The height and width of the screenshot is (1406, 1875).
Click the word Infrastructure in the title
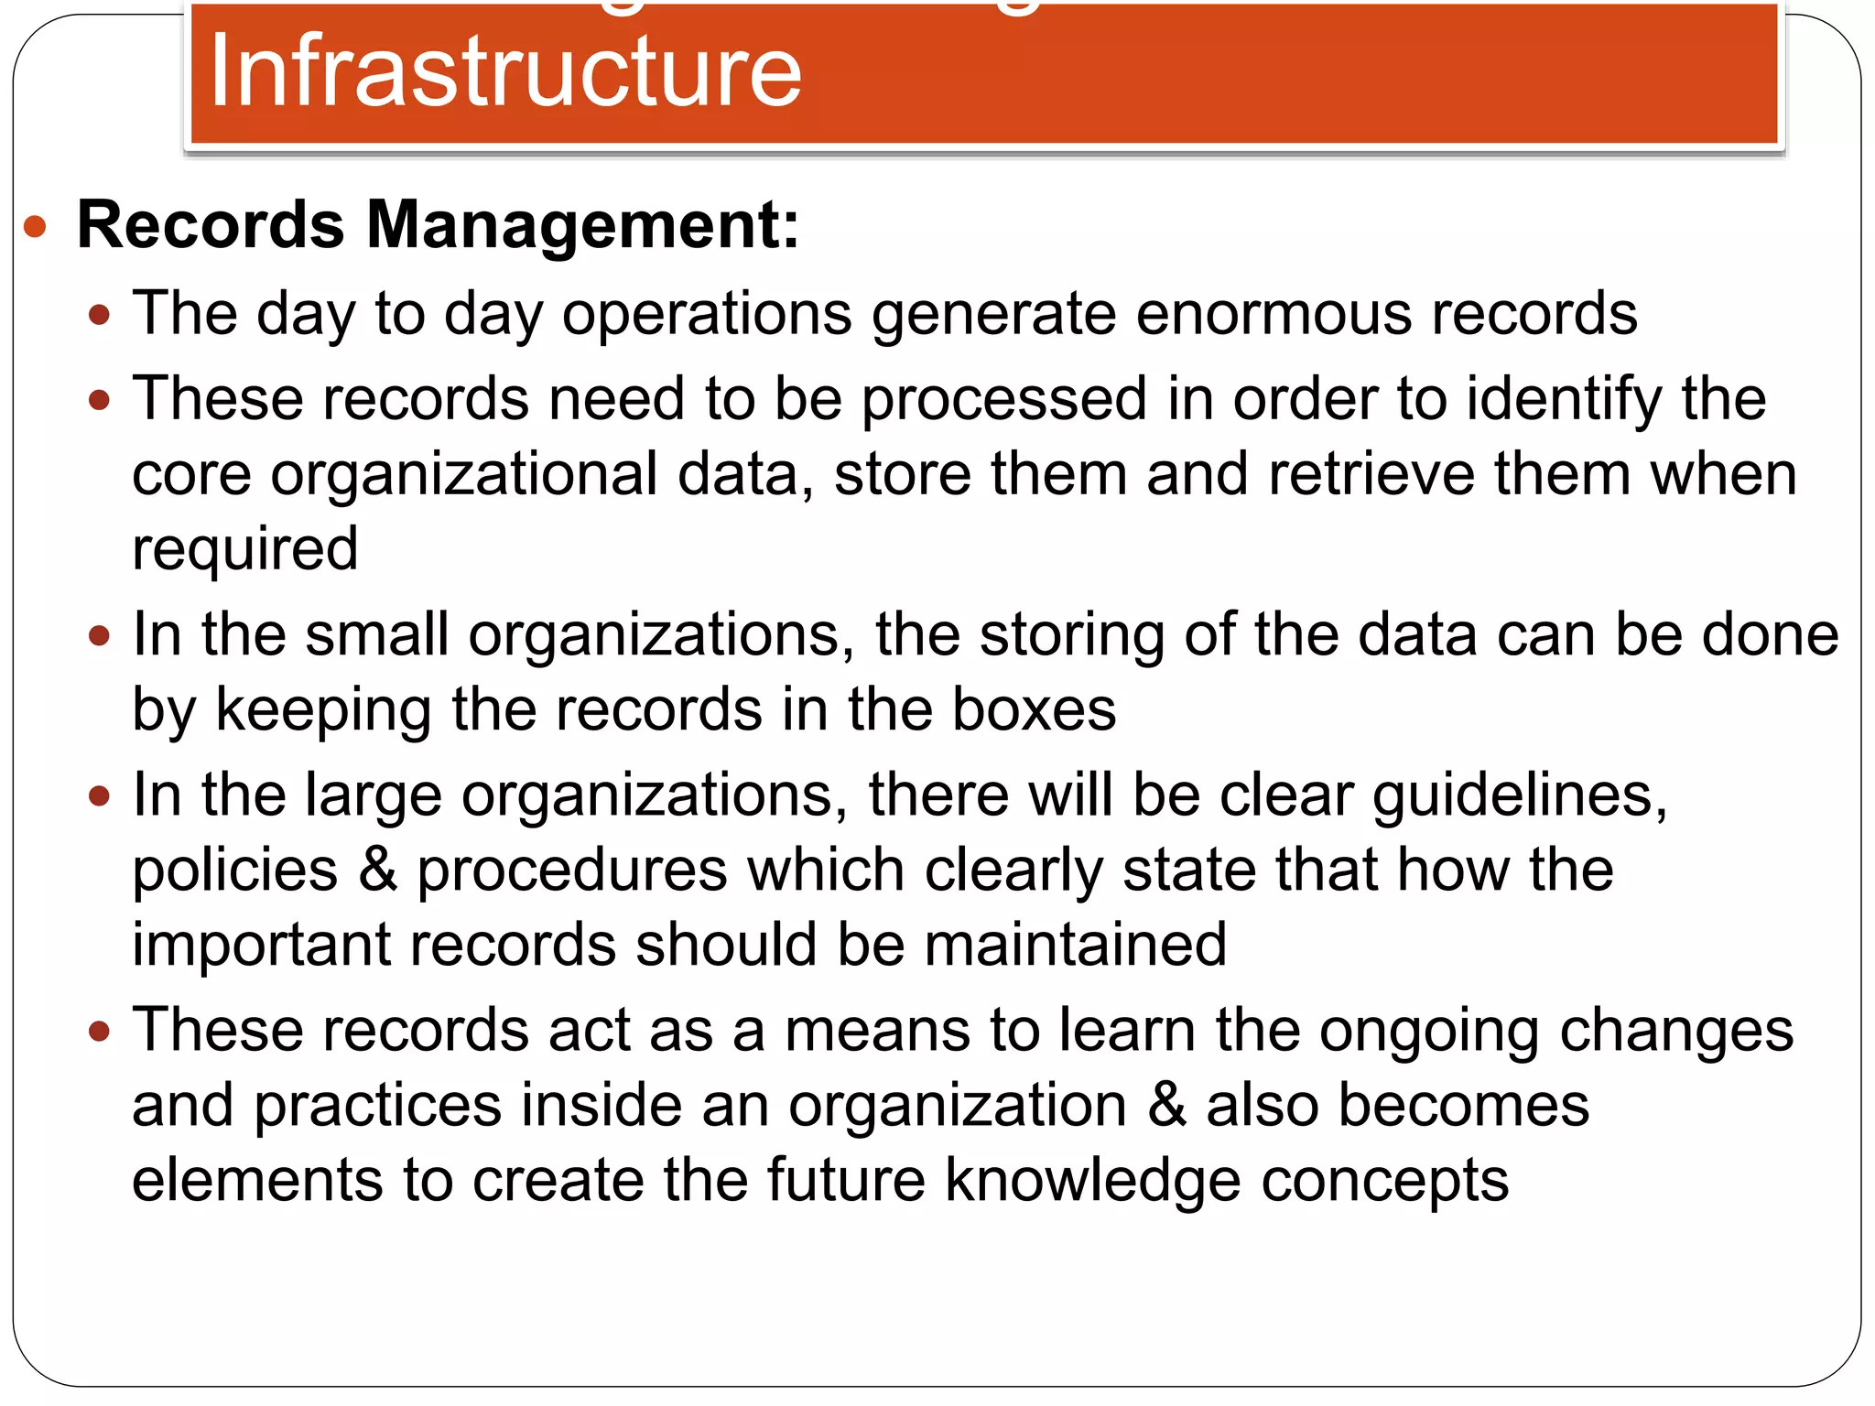(x=505, y=71)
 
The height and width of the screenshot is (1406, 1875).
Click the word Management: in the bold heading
(x=582, y=225)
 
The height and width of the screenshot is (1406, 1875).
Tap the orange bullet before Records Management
(x=35, y=226)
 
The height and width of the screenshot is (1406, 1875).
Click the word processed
(x=1004, y=401)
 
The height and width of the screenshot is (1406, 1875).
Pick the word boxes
(x=1034, y=709)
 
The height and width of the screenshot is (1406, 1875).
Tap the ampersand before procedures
(x=378, y=870)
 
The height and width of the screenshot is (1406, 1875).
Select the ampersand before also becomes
(x=1166, y=1105)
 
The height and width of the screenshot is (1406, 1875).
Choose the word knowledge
(x=1092, y=1181)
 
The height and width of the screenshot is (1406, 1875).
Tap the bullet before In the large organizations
(x=99, y=795)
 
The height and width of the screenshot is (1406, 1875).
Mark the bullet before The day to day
(x=99, y=316)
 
